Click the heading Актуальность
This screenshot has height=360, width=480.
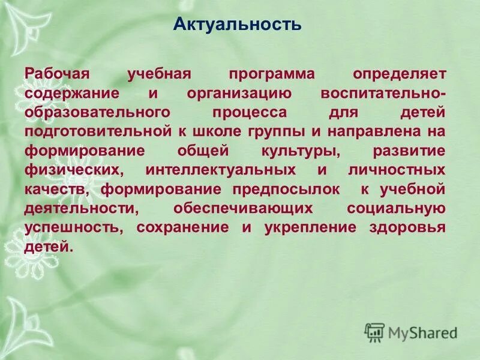coord(237,25)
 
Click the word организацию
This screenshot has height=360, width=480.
coord(239,94)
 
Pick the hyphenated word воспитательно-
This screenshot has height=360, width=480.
coord(383,94)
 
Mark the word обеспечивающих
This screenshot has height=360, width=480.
coord(243,209)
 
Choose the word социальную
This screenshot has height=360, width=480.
coord(396,209)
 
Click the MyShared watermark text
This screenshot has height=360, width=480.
coord(422,332)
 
